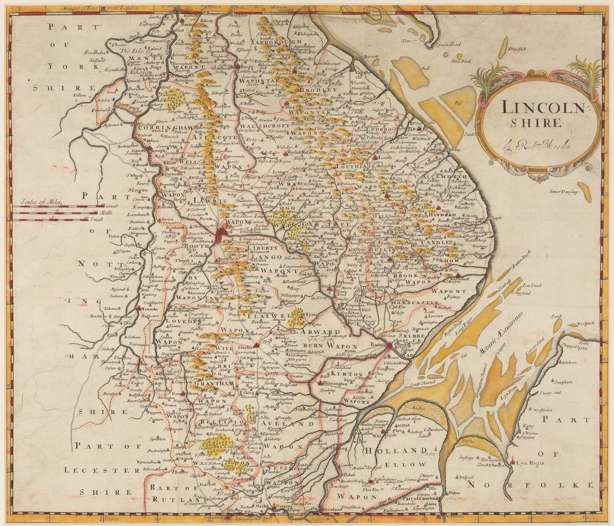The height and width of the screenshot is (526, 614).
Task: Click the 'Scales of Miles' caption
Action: pyautogui.click(x=39, y=200)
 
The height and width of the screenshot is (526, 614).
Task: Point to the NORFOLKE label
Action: pyautogui.click(x=537, y=485)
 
